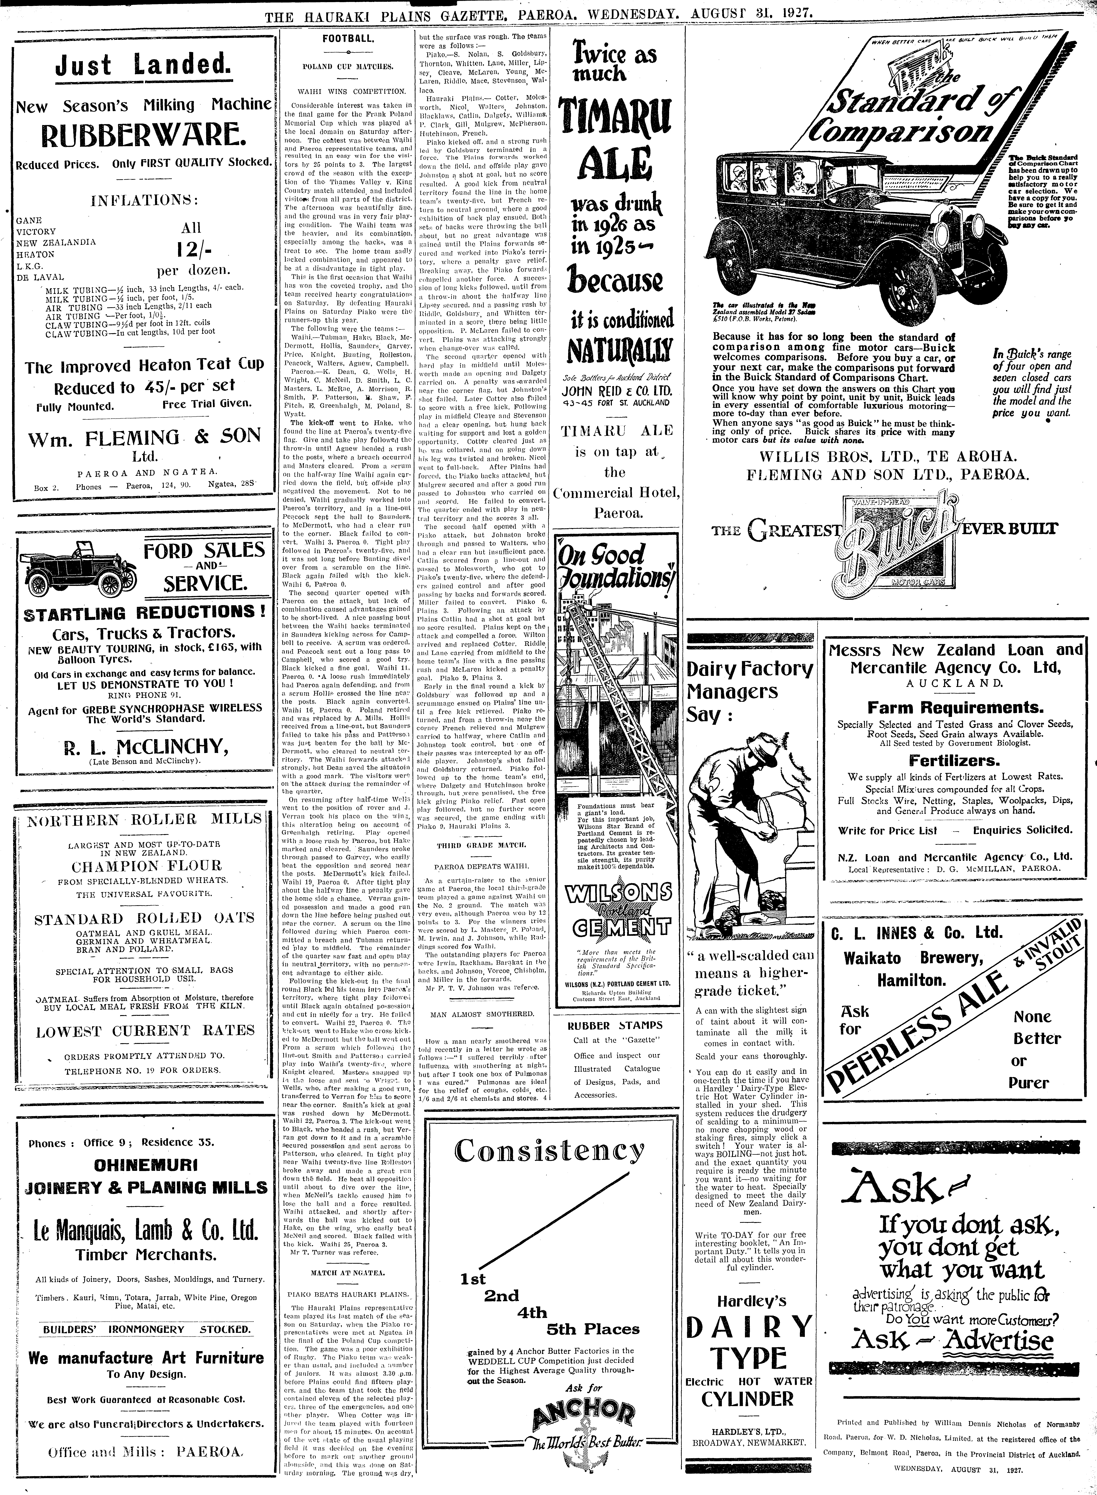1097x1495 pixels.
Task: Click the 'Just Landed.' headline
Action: (143, 66)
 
